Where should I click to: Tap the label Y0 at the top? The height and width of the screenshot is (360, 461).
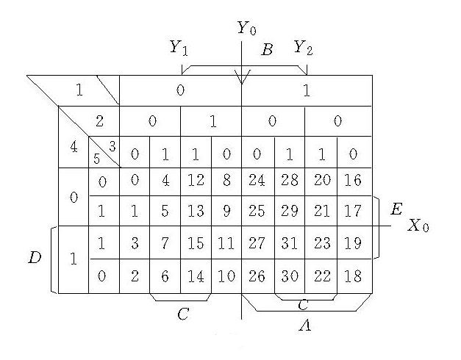[x=246, y=29]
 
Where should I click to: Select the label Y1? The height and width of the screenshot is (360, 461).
[x=179, y=48]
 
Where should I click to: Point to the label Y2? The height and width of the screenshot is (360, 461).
[x=302, y=48]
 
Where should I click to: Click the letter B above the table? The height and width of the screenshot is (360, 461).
[x=267, y=50]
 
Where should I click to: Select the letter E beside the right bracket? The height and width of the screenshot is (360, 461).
[x=396, y=211]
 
